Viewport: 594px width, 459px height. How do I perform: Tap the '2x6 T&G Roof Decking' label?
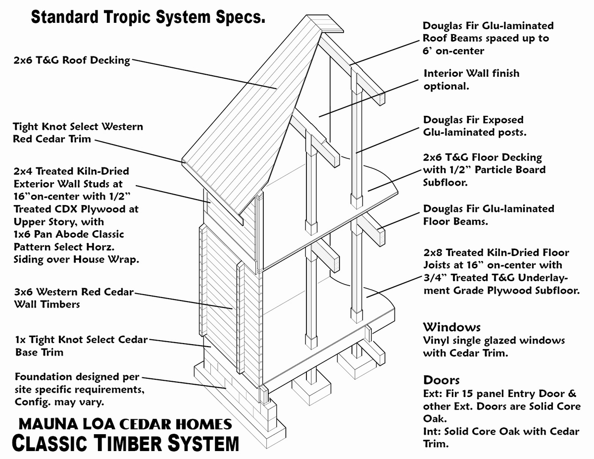(72, 60)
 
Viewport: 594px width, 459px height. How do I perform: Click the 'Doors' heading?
(442, 380)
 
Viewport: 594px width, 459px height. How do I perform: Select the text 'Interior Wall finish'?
(471, 74)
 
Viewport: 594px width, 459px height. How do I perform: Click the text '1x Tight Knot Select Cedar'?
(81, 340)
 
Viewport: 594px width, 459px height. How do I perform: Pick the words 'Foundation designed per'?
(78, 377)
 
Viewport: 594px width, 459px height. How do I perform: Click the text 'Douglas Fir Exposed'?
(473, 120)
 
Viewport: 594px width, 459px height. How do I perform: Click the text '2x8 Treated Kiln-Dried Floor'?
(496, 253)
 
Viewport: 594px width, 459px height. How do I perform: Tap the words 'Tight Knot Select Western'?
(78, 127)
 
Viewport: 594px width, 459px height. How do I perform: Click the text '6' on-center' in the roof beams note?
(453, 51)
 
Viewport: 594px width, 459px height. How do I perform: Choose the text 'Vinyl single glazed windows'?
(494, 341)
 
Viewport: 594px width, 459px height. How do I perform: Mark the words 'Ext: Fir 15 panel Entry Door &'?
(500, 394)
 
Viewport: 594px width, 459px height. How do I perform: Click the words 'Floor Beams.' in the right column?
(455, 221)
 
